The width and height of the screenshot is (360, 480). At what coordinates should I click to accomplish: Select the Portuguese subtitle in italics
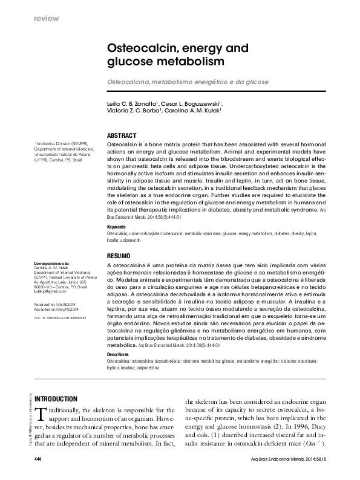188,81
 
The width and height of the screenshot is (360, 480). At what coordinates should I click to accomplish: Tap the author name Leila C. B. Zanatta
132,103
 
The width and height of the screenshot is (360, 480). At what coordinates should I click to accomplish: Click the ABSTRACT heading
122,135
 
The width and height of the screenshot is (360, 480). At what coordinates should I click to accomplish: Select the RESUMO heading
119,256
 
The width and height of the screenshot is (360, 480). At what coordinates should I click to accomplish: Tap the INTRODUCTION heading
56,399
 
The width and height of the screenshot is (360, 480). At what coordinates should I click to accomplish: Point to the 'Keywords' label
116,226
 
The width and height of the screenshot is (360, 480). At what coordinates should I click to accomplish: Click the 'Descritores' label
118,354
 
